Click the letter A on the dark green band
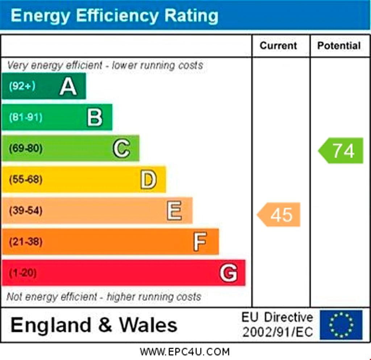click(x=68, y=87)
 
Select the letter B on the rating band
click(x=95, y=117)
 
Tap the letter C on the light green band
click(x=121, y=148)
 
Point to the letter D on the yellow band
click(x=149, y=179)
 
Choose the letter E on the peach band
click(x=174, y=211)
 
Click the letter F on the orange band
click(x=200, y=241)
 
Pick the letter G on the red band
click(x=228, y=273)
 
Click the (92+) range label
click(x=22, y=86)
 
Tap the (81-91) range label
click(x=25, y=117)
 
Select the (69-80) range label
click(x=25, y=148)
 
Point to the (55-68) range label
click(x=25, y=179)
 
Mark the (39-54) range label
click(x=25, y=211)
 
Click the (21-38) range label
click(x=25, y=241)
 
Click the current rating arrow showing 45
click(x=279, y=215)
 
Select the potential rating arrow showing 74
click(x=341, y=150)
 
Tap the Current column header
click(x=278, y=46)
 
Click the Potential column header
click(x=339, y=46)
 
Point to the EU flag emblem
click(x=341, y=324)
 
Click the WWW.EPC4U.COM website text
click(x=185, y=351)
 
